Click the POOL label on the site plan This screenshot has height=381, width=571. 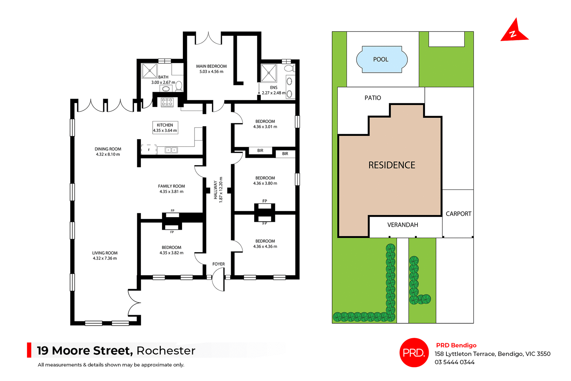click(381, 59)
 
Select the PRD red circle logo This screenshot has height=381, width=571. click(414, 352)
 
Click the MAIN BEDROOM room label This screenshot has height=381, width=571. click(211, 66)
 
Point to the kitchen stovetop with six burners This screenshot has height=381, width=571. click(167, 102)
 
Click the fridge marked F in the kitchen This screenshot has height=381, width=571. click(149, 150)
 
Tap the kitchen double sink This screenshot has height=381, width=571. click(171, 150)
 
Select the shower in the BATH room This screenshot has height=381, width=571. click(149, 71)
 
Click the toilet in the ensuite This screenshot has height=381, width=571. click(289, 68)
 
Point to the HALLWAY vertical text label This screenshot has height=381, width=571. click(215, 190)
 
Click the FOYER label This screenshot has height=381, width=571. click(218, 264)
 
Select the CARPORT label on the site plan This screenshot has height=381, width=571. click(458, 214)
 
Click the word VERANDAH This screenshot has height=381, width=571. click(403, 225)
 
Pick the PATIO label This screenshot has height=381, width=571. click(373, 98)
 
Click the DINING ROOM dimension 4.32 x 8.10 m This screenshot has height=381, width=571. click(108, 154)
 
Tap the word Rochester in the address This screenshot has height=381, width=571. click(166, 351)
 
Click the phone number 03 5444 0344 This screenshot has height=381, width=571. click(454, 362)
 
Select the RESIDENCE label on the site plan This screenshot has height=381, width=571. click(392, 165)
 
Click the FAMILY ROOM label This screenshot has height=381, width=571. click(171, 186)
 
